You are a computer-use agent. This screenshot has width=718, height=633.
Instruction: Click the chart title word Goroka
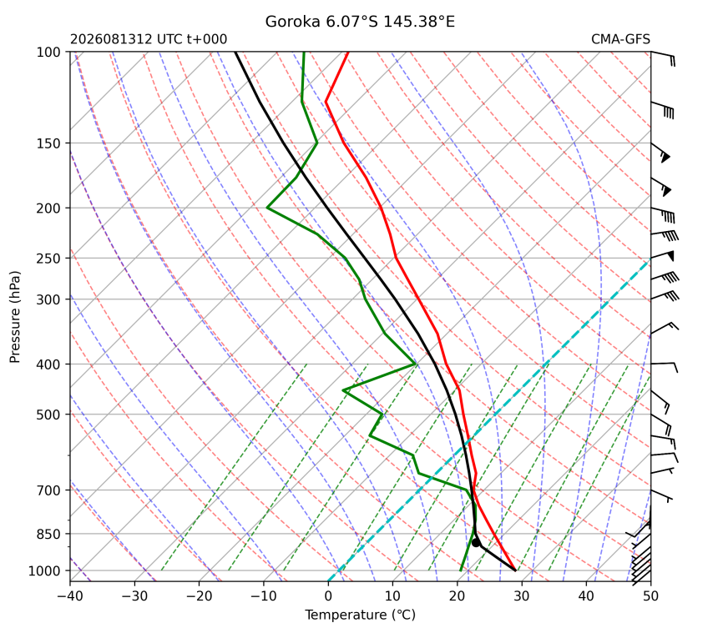[292, 22]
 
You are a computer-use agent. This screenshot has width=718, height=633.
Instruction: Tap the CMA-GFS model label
[620, 39]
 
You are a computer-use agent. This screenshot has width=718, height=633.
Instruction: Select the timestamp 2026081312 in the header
[111, 39]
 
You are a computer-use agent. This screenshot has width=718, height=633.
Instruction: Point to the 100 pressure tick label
[48, 53]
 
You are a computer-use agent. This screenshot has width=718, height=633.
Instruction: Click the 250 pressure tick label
[48, 259]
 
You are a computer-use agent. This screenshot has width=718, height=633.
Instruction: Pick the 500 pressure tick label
[48, 414]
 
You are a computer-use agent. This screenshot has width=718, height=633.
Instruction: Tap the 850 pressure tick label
[48, 535]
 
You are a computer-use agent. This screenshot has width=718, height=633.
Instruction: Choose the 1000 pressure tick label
[45, 570]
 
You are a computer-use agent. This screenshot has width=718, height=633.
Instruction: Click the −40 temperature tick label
[70, 596]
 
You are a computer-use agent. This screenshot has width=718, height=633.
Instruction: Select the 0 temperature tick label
[328, 596]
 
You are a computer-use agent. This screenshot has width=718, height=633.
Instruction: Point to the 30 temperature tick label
[522, 596]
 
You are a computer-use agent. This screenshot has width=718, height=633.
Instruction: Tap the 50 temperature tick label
[650, 596]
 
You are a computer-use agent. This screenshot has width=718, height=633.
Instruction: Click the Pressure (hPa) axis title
[15, 317]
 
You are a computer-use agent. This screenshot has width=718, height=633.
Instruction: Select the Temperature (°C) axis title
[361, 615]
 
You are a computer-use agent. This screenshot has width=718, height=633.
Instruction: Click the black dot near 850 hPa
[476, 542]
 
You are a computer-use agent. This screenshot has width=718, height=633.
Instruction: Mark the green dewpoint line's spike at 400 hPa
[415, 364]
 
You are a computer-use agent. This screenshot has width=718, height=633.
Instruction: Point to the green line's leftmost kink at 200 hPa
[267, 208]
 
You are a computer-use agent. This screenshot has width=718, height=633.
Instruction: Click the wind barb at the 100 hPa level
[663, 58]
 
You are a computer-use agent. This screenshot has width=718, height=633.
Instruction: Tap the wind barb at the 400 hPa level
[664, 366]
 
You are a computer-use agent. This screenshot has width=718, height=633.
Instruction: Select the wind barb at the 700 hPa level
[662, 495]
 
